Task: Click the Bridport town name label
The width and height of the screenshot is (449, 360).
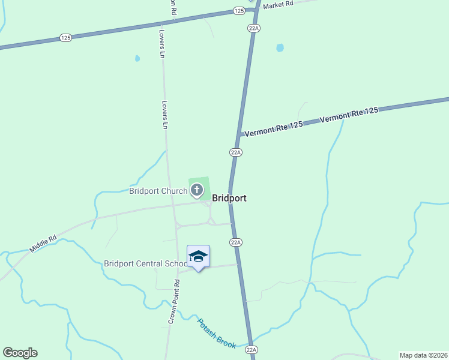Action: (229, 198)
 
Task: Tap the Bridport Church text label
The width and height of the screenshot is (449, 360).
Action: (158, 191)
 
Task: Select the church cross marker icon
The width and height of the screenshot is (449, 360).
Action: (196, 191)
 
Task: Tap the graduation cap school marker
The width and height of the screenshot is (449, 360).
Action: (198, 257)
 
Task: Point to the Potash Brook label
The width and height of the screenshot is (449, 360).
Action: (217, 333)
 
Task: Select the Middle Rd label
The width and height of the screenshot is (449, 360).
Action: (43, 242)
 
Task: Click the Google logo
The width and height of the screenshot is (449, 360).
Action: (20, 353)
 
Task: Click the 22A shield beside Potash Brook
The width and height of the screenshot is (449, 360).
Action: (251, 349)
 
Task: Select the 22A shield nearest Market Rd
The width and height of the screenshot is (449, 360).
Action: (253, 28)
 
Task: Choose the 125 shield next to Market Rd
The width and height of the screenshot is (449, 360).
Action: (240, 11)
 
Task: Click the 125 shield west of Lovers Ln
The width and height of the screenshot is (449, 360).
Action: (66, 38)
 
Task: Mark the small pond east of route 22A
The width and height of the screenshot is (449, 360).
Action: (280, 47)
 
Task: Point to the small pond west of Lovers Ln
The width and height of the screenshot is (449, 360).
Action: (137, 58)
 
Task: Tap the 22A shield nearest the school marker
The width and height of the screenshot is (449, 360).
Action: (235, 242)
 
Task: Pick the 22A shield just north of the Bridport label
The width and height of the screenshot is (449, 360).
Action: (235, 152)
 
